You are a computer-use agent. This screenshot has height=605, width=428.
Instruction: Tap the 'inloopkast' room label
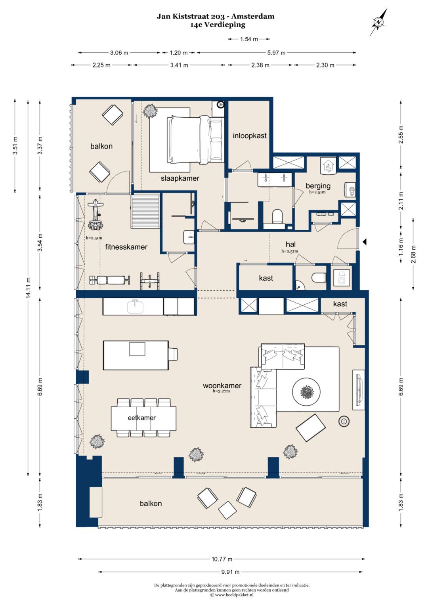pos(249,136)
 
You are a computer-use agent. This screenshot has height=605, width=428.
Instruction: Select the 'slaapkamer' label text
pos(180,178)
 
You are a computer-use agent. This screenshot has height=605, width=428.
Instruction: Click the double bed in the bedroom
pos(196,139)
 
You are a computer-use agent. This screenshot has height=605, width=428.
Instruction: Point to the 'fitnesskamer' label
pos(126,246)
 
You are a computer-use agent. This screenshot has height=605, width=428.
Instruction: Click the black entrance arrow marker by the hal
pos(364,242)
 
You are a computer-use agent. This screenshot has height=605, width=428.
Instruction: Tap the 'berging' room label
pos(318,186)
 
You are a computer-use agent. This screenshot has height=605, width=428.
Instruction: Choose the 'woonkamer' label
pos(222,386)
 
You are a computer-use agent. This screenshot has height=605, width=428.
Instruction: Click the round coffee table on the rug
pos(306,391)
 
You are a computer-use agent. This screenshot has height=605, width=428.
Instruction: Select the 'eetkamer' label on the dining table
pos(141,418)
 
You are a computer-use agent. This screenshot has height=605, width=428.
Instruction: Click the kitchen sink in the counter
pos(136,306)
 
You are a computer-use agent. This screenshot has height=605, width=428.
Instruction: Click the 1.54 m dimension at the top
pos(249,39)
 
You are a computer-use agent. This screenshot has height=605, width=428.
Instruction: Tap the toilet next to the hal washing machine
pos(319,277)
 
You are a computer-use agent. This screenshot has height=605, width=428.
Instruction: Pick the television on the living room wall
pos(359,389)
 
